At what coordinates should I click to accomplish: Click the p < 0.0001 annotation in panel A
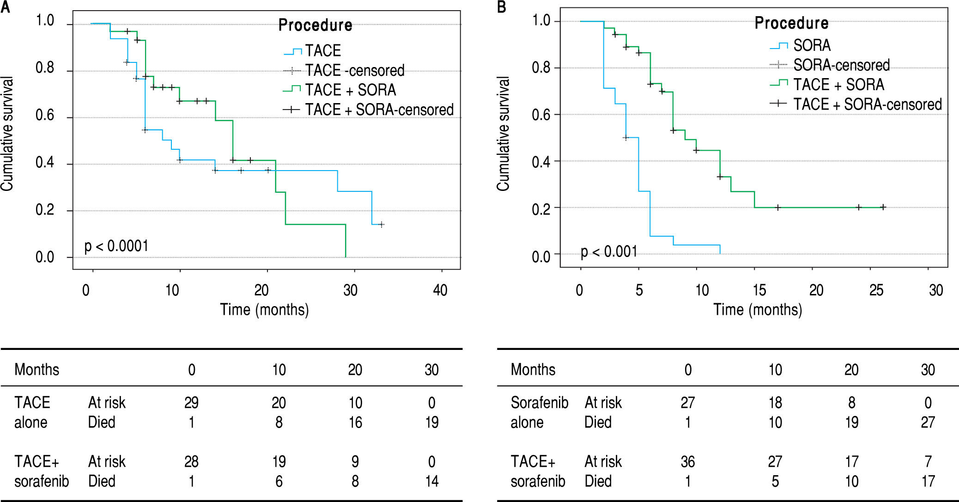(116, 246)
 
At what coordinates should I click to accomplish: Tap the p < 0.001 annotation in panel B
(609, 251)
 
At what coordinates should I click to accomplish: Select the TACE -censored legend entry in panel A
(354, 70)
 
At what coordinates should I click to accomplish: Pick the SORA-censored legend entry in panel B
(841, 65)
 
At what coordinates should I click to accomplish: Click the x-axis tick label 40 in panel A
(440, 290)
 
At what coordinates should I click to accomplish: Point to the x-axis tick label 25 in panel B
(876, 290)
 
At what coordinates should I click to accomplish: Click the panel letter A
(5, 7)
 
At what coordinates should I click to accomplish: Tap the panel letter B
(502, 7)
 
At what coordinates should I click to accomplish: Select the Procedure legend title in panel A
(315, 25)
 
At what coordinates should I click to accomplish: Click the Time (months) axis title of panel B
(758, 309)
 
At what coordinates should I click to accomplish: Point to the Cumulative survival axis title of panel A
(7, 134)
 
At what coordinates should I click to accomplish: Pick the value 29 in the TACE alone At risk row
(191, 403)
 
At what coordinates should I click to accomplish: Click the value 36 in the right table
(687, 461)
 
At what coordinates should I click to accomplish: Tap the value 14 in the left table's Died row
(431, 481)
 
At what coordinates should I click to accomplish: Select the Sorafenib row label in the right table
(539, 403)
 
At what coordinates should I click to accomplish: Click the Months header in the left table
(37, 369)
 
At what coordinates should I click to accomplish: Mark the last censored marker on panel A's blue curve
(382, 225)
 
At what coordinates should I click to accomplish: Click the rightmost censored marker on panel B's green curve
(883, 207)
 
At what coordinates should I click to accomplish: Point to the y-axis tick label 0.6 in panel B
(541, 115)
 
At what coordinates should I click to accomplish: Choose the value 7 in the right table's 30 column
(928, 461)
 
